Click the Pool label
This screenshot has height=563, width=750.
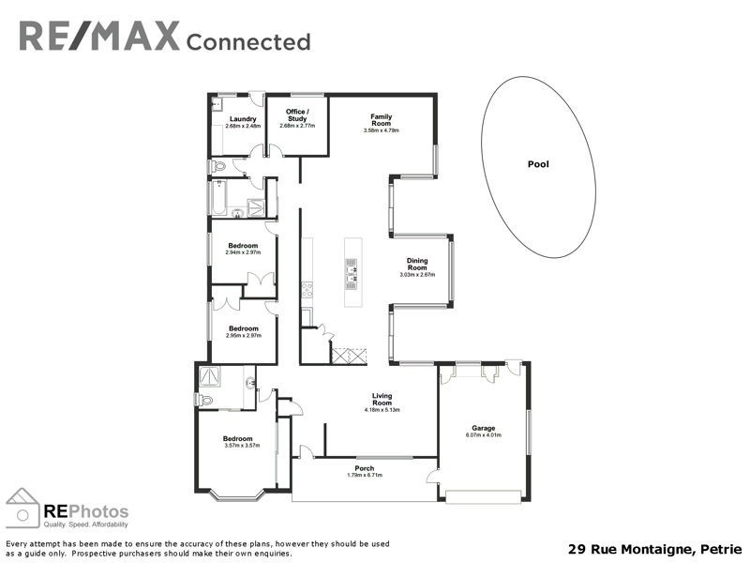tap(538, 164)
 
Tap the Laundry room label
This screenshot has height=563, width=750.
tap(243, 119)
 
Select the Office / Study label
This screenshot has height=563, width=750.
tap(297, 115)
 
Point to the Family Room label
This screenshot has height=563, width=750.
tap(381, 119)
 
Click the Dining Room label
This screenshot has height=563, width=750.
tap(417, 264)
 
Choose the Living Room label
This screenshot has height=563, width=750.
tap(382, 399)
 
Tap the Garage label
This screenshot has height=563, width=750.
tap(483, 428)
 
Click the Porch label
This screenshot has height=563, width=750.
tap(365, 468)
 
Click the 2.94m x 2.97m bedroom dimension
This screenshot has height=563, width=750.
tap(243, 252)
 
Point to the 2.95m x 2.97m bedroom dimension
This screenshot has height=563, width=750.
tap(243, 335)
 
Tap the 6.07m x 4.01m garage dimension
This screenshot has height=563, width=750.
tap(483, 435)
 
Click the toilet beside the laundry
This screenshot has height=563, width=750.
tap(217, 166)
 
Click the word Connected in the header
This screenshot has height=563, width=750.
tap(248, 41)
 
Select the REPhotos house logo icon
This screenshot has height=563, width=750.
tap(23, 508)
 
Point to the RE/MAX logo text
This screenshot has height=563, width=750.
tap(98, 38)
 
